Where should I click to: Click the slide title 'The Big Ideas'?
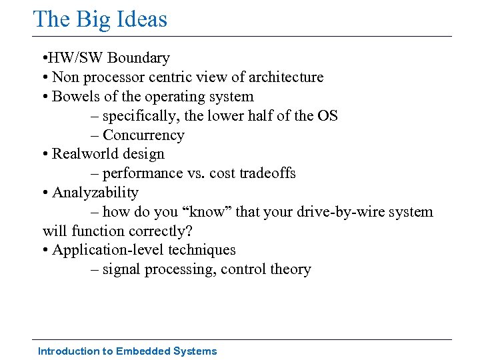click(x=100, y=19)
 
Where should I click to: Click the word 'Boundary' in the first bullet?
click(x=140, y=58)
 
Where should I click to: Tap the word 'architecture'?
click(x=287, y=77)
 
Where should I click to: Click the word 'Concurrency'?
click(x=143, y=135)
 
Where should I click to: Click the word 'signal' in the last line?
click(x=121, y=269)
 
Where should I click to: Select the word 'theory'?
click(x=291, y=269)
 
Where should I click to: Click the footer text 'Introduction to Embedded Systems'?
click(x=127, y=351)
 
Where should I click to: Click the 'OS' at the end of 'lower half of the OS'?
click(x=327, y=116)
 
